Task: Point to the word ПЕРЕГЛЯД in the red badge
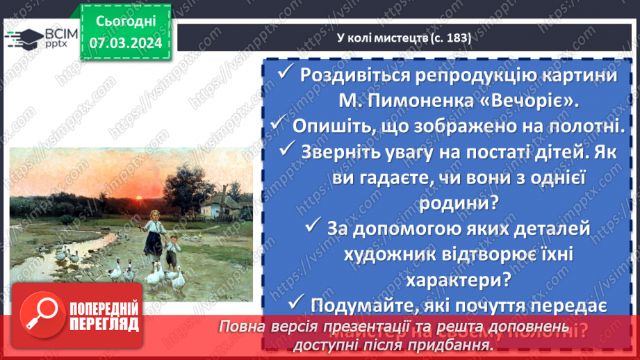pos(104,325)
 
